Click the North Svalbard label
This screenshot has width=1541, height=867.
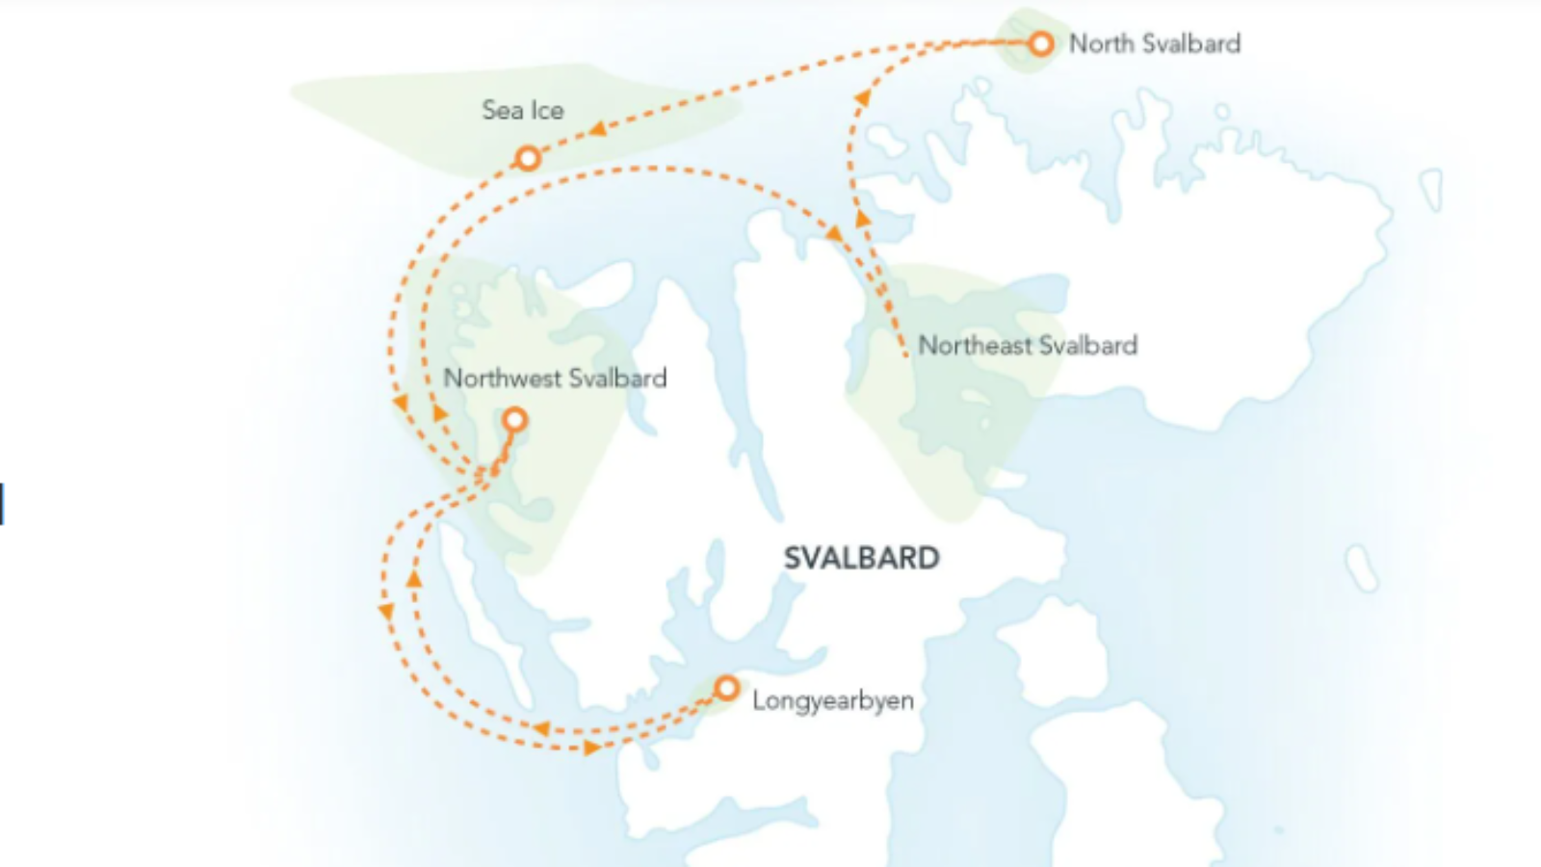1154,43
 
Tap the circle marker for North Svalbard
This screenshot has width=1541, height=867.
1040,43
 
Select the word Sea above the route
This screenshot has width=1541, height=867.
502,110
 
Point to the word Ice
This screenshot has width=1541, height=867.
546,111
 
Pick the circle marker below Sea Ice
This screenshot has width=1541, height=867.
527,157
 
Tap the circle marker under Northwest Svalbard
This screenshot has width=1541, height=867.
515,420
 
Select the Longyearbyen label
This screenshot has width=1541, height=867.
832,700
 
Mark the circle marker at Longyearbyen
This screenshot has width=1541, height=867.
726,688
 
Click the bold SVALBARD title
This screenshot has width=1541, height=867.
861,558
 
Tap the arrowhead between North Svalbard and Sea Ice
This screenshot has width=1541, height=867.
598,128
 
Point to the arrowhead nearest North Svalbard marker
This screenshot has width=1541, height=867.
862,97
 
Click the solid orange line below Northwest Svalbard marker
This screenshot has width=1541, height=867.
501,452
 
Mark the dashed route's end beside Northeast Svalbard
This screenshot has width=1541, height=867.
904,355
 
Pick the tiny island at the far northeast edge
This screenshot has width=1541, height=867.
1431,189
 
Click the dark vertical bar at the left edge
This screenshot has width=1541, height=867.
2,504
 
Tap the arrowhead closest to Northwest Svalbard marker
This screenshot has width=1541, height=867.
439,413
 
